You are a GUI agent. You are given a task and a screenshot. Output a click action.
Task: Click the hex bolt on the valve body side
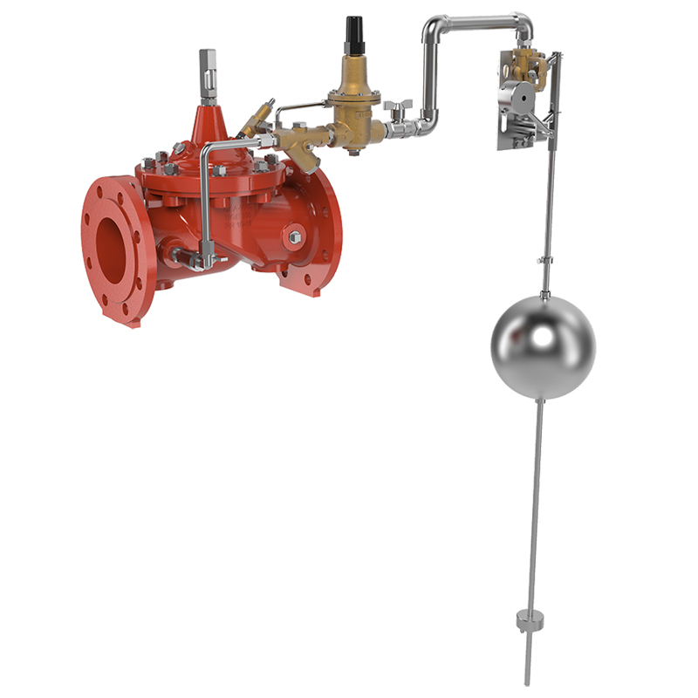[x=294, y=237]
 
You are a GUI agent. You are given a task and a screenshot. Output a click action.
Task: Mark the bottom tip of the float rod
[x=527, y=681]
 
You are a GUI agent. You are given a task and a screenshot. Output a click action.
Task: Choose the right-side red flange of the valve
[x=314, y=236]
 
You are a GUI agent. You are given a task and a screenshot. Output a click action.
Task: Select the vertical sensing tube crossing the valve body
[x=202, y=201]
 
